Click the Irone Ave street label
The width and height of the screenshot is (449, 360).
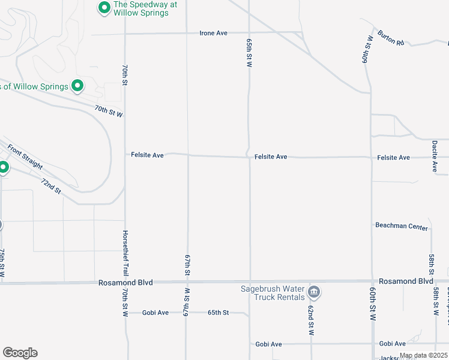pyautogui.click(x=213, y=33)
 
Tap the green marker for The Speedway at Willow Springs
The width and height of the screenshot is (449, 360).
pyautogui.click(x=104, y=8)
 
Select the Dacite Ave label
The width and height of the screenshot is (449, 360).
pyautogui.click(x=434, y=156)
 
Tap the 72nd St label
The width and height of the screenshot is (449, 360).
pyautogui.click(x=51, y=186)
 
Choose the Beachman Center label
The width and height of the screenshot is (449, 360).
pyautogui.click(x=401, y=227)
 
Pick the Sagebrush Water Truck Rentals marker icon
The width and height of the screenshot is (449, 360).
pyautogui.click(x=313, y=292)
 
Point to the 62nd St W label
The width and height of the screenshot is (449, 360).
pyautogui.click(x=311, y=320)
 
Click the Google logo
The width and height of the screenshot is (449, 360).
pyautogui.click(x=20, y=353)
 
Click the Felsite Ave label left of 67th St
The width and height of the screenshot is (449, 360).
pyautogui.click(x=147, y=155)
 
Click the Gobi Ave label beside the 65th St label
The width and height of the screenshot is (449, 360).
pyautogui.click(x=155, y=313)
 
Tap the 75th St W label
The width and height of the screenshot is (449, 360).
pyautogui.click(x=2, y=263)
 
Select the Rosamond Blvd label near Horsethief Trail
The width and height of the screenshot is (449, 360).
pyautogui.click(x=125, y=282)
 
